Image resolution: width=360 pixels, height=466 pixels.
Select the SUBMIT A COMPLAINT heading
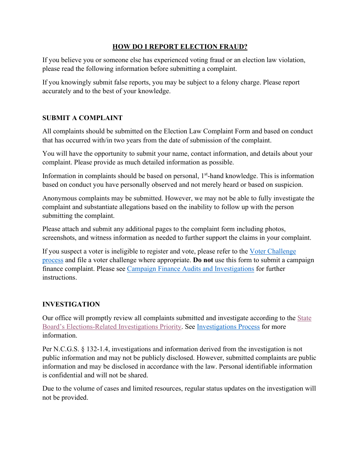[x=82, y=118]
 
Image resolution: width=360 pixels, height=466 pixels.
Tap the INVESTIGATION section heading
[x=71, y=304]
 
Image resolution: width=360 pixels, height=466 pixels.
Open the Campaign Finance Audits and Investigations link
[x=190, y=269]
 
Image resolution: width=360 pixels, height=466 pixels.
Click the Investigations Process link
[x=228, y=327]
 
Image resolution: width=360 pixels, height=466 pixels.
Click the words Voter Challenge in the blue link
[x=272, y=251]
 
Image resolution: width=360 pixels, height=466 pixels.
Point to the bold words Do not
[x=203, y=260]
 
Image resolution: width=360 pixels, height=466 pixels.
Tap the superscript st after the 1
[x=206, y=174]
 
